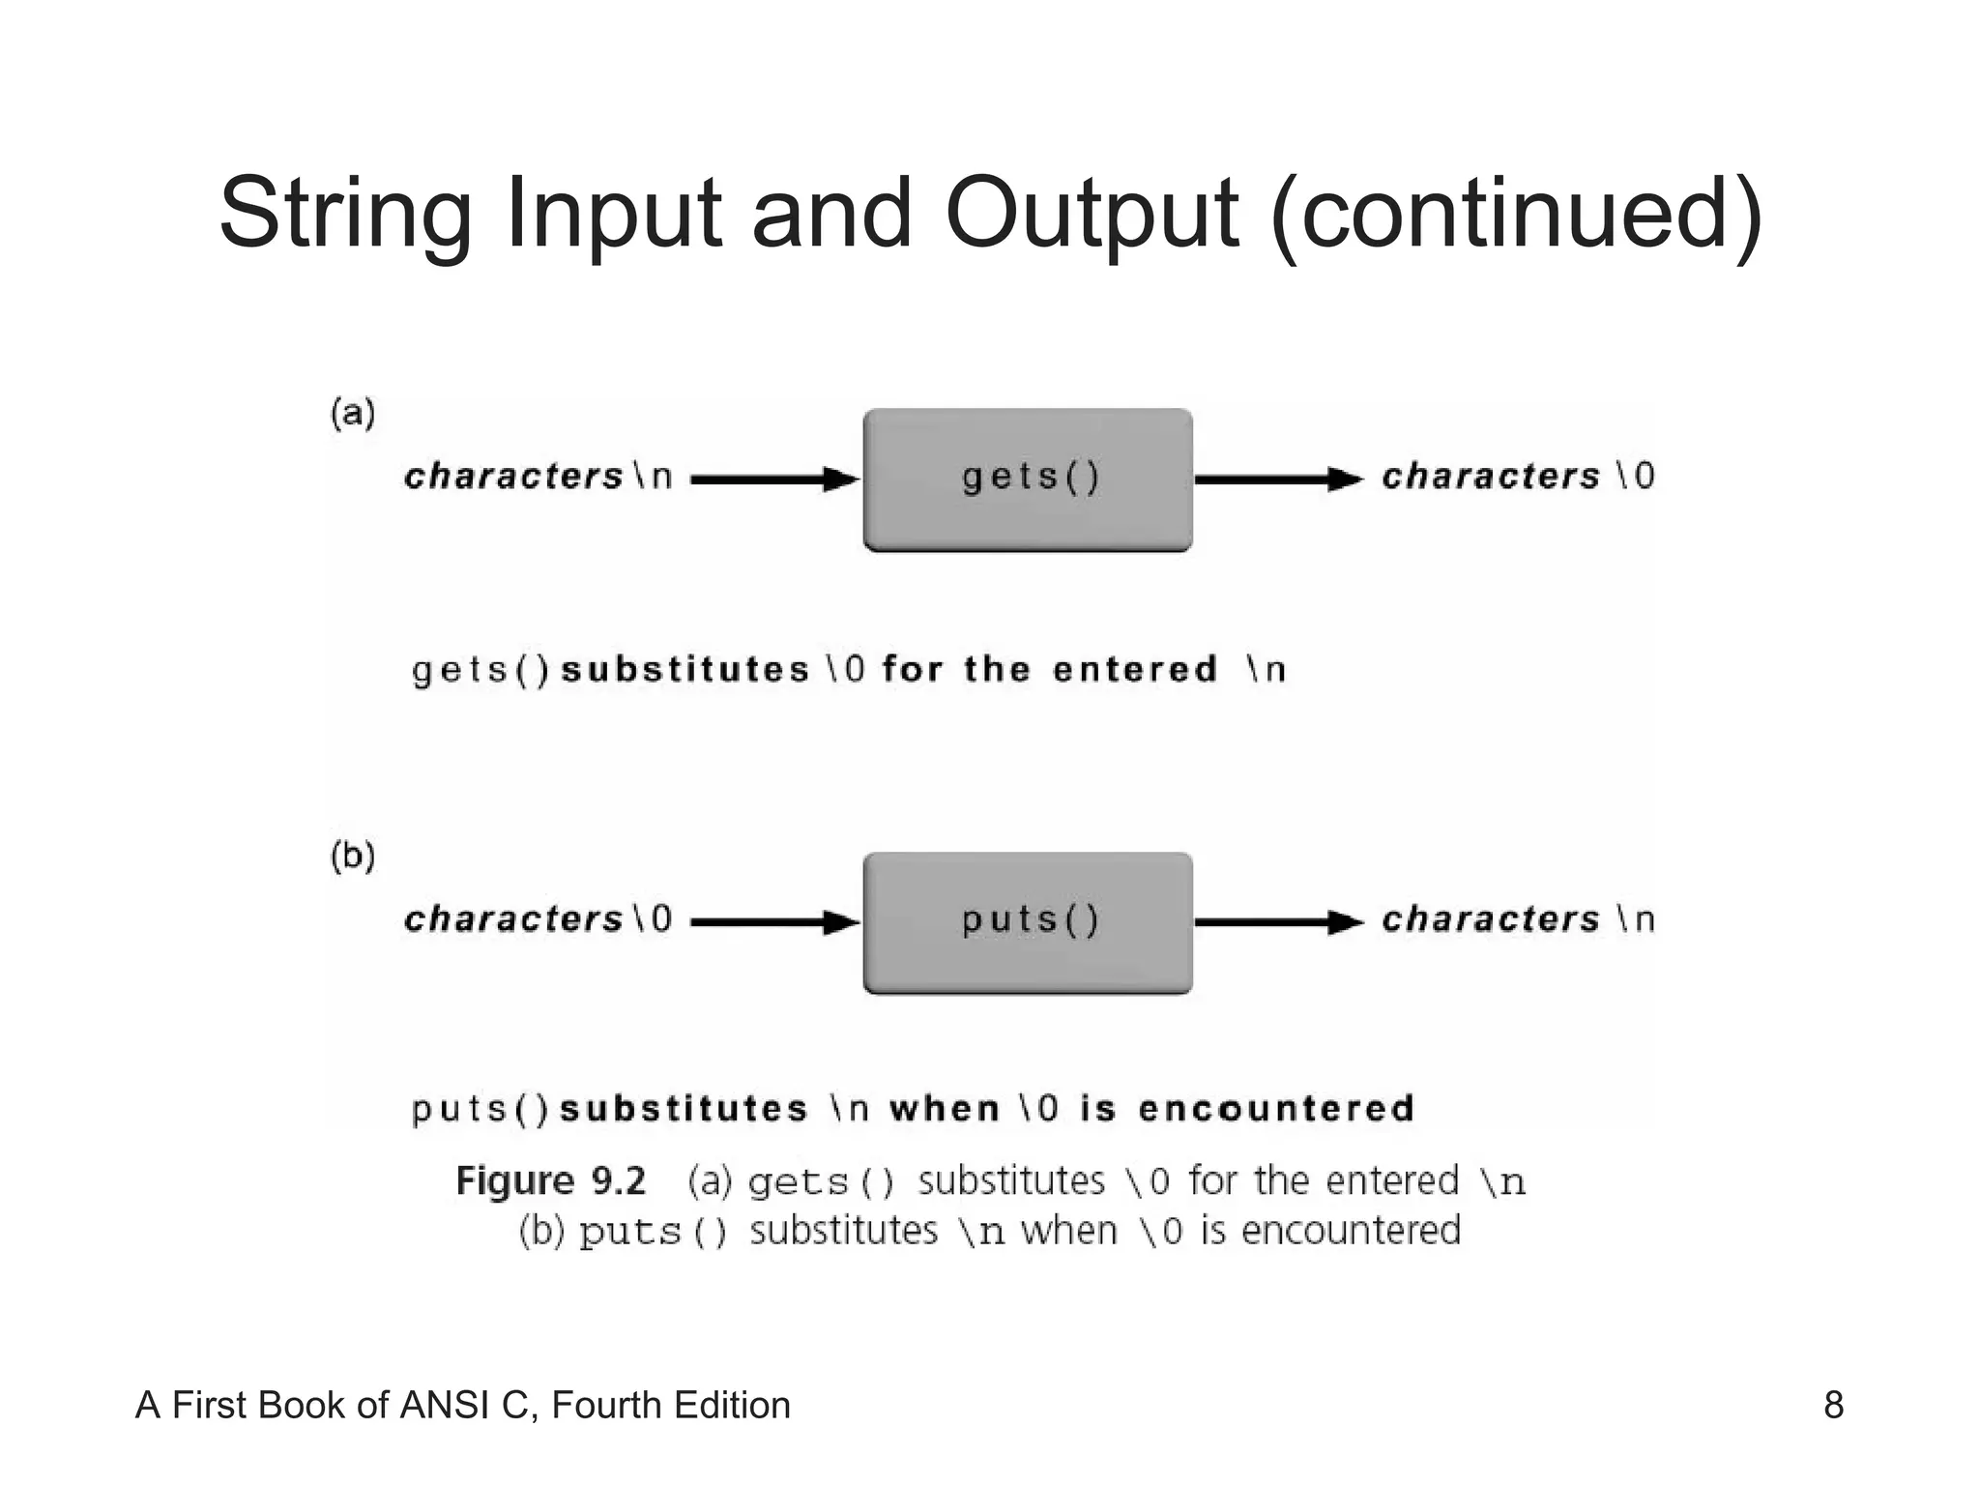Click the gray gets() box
click(1027, 480)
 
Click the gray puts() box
click(1027, 921)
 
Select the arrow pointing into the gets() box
click(774, 479)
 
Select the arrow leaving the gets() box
click(1278, 479)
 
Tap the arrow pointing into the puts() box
click(774, 921)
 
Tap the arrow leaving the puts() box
click(1278, 921)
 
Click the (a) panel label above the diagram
click(353, 414)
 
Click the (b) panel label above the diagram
click(353, 857)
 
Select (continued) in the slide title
click(1517, 215)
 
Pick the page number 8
click(1833, 1405)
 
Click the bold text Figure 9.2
click(550, 1181)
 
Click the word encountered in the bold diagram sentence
click(1276, 1108)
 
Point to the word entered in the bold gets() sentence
click(1134, 669)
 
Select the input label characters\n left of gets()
click(538, 477)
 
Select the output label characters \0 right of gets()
click(1518, 477)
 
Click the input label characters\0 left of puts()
click(538, 919)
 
